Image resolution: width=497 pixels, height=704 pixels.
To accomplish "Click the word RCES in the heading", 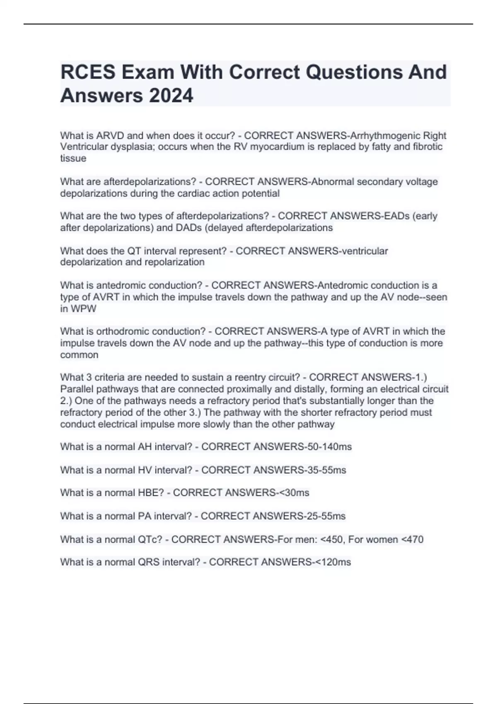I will (x=88, y=72).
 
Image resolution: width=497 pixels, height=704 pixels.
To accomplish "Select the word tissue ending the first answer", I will (x=73, y=158).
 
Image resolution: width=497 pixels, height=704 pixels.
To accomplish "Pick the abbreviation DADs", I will (x=189, y=228).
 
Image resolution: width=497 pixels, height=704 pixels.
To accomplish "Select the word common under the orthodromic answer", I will (x=79, y=355).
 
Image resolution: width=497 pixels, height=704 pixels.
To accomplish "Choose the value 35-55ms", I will (x=326, y=470).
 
